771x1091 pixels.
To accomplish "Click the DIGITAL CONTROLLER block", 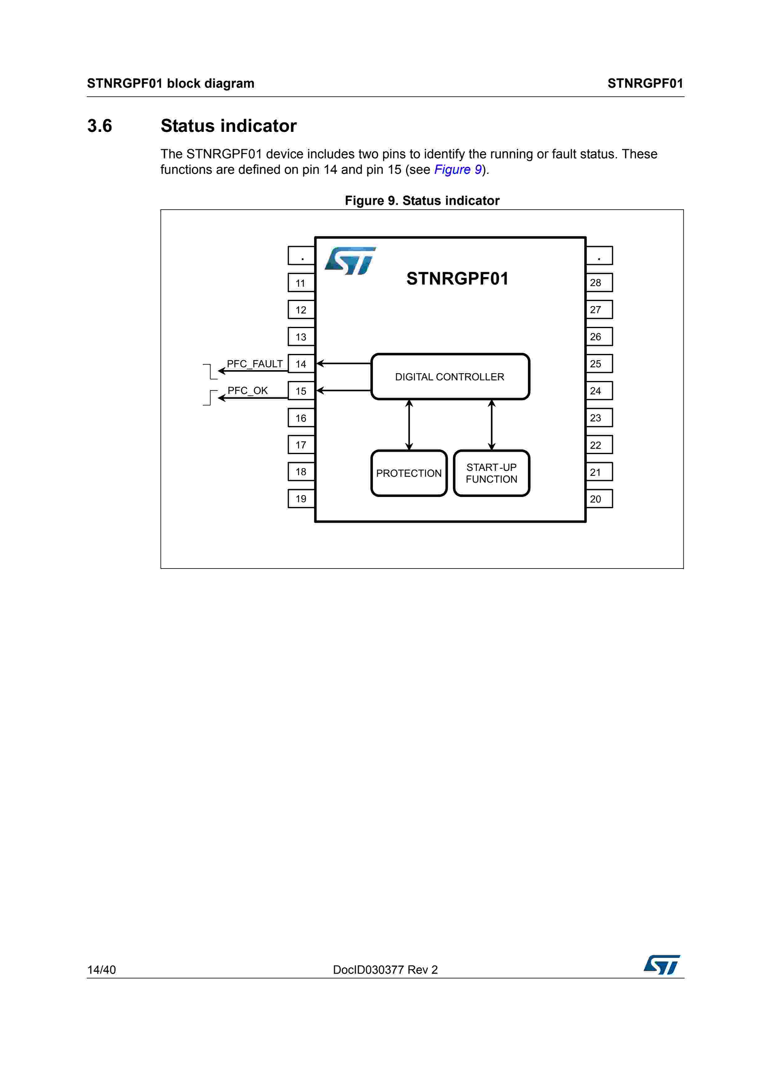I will [450, 377].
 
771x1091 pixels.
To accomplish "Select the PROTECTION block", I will [409, 473].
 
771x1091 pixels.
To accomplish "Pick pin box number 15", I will [301, 391].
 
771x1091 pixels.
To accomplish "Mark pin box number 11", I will [301, 283].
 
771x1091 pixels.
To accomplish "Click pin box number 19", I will [301, 499].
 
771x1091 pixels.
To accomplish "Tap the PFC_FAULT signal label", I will [255, 364].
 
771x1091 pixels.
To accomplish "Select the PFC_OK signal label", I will [248, 391].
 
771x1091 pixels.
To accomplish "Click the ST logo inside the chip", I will [350, 261].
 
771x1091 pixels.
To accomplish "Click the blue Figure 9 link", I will [458, 169].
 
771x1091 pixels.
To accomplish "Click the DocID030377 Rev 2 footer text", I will [385, 970].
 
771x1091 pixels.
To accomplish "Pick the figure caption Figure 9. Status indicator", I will [422, 201].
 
